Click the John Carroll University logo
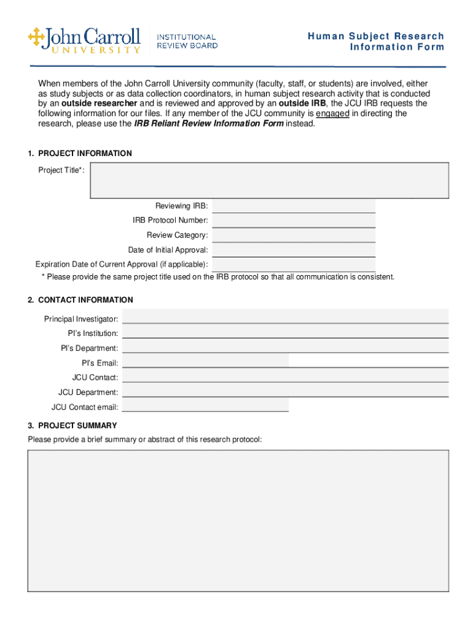(x=84, y=41)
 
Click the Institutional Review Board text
(x=187, y=41)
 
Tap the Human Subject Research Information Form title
(x=376, y=42)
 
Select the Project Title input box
(x=269, y=180)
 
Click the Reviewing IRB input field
(x=294, y=206)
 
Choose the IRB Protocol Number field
(x=294, y=221)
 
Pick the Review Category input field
(x=294, y=235)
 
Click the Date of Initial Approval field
(x=294, y=250)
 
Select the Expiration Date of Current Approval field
(x=294, y=265)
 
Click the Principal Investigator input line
(x=285, y=317)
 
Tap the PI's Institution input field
(x=285, y=332)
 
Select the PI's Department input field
(x=285, y=347)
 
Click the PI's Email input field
(x=205, y=362)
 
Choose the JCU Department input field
(x=285, y=391)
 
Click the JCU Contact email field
(x=205, y=406)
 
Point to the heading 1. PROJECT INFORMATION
(x=79, y=154)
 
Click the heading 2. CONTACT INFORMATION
(x=80, y=300)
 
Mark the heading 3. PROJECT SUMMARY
(x=72, y=426)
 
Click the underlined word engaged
(x=332, y=114)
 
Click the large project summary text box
(x=238, y=521)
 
